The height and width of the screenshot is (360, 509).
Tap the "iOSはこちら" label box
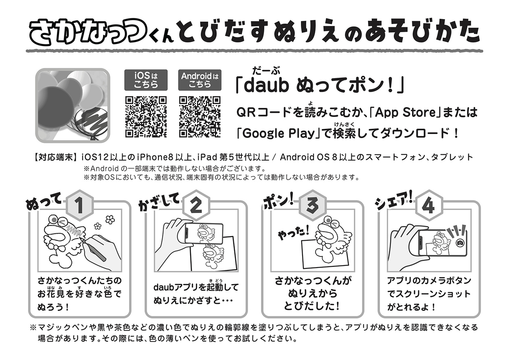pyautogui.click(x=146, y=80)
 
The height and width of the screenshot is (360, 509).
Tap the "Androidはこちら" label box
pyautogui.click(x=200, y=80)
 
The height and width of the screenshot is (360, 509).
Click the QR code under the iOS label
pyautogui.click(x=146, y=117)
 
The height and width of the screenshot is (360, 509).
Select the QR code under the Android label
pyautogui.click(x=200, y=117)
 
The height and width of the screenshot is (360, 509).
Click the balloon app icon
pyautogui.click(x=73, y=105)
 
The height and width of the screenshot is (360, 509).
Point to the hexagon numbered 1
pyautogui.click(x=79, y=206)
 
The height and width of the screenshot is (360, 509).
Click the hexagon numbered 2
pyautogui.click(x=196, y=206)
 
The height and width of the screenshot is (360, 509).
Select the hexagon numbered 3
pyautogui.click(x=312, y=206)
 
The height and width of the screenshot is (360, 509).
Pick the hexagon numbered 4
pyautogui.click(x=429, y=206)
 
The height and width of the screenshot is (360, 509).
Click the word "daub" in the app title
pyautogui.click(x=266, y=86)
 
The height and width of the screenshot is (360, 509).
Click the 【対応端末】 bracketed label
pyautogui.click(x=55, y=157)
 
